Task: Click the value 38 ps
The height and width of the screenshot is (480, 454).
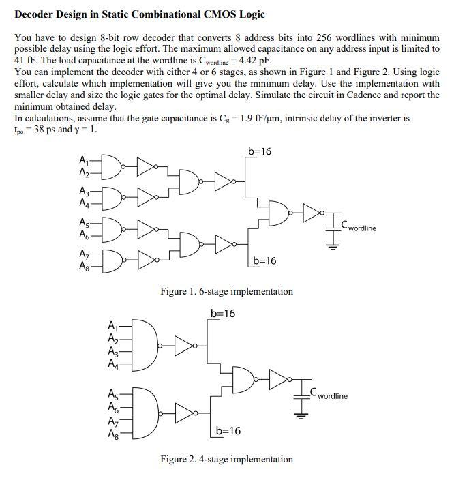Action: click(x=41, y=129)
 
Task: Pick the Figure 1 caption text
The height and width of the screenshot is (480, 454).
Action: click(x=226, y=291)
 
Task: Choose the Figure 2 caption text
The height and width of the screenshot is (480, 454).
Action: click(x=226, y=459)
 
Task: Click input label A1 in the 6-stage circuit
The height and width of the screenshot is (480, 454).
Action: click(x=84, y=160)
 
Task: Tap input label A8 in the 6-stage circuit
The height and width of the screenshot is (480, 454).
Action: click(x=84, y=265)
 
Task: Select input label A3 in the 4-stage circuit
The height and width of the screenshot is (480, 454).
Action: click(x=113, y=353)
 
